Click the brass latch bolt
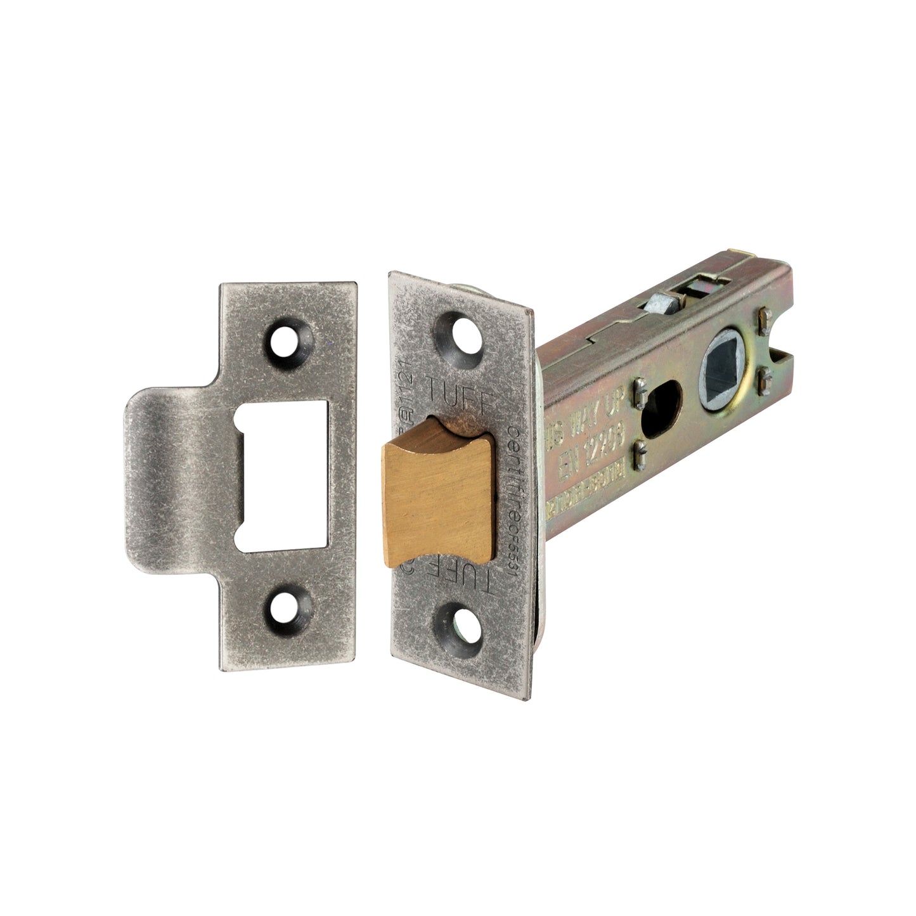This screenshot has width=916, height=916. click(x=437, y=488)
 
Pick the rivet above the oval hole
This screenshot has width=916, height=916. click(x=639, y=397)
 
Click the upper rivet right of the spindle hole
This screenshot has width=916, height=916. click(x=764, y=315)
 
